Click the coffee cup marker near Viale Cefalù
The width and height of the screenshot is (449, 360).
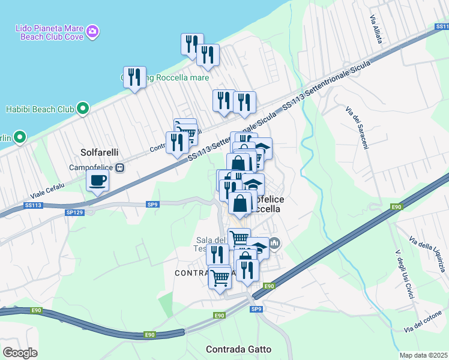coord(97,179)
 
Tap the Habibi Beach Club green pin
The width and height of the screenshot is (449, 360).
coord(83,109)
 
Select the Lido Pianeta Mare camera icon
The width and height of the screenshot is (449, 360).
coord(92,31)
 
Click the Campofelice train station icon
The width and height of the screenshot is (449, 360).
coord(120,167)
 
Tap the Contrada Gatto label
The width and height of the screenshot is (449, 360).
coord(238,349)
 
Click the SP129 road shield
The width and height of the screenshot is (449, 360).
coord(74,212)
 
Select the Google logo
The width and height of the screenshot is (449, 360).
coord(20,352)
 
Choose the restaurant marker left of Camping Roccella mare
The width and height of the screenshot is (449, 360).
coord(134,77)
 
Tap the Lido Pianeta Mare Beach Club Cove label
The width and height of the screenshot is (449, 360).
coord(48,32)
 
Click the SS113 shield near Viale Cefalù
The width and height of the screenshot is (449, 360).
coord(34,205)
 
